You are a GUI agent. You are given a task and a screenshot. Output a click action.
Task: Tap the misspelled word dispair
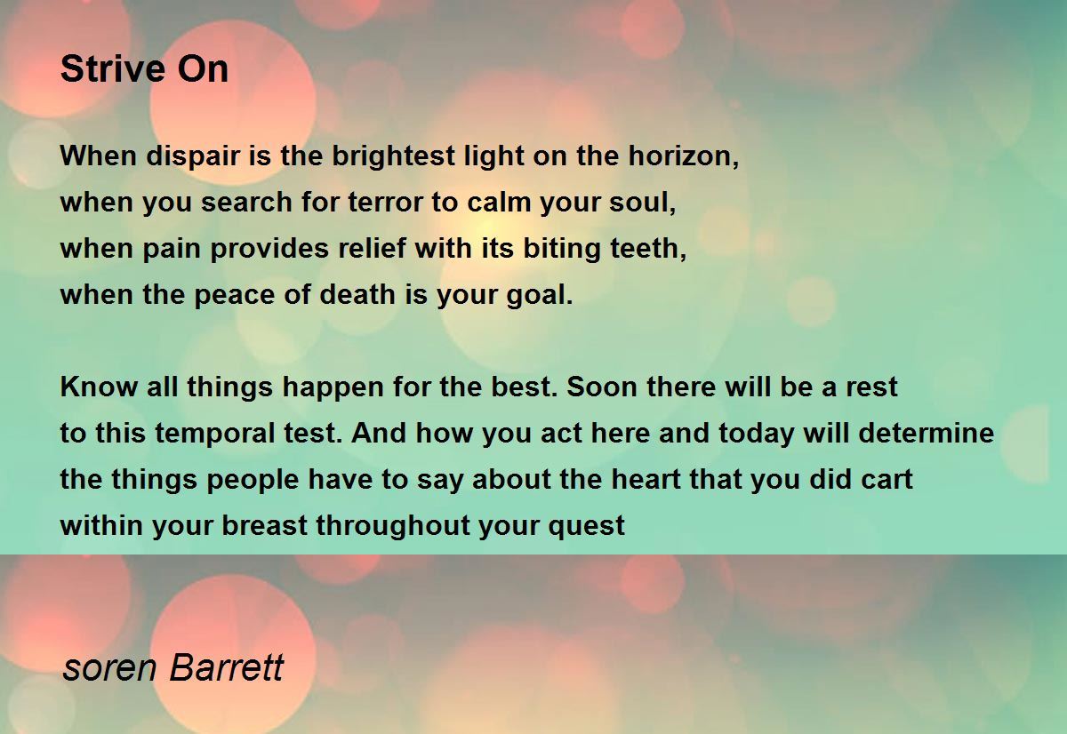click(192, 156)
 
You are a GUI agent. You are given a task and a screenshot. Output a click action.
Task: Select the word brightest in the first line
click(393, 156)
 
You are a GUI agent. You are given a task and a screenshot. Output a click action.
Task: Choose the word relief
click(373, 249)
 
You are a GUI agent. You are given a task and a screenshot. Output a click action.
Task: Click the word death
click(357, 295)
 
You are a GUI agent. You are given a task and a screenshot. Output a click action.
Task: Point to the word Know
click(99, 387)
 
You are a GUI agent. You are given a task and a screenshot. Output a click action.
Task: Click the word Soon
click(602, 387)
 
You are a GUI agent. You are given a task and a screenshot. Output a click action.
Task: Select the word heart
click(646, 479)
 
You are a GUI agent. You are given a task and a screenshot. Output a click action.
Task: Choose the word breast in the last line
click(264, 525)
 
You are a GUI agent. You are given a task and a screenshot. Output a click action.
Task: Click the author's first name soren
click(109, 668)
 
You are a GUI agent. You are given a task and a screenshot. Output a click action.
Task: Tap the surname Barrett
click(227, 667)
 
